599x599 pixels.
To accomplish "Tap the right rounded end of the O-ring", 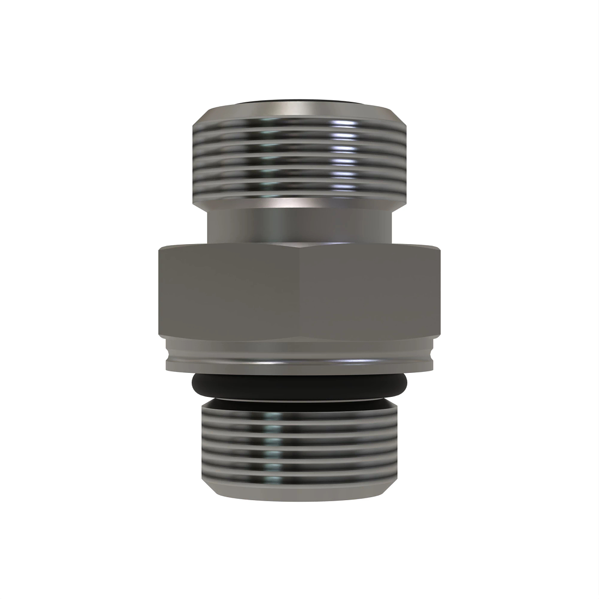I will [x=404, y=385].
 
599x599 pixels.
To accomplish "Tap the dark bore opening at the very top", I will [x=299, y=103].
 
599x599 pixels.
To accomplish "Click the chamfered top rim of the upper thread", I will [x=299, y=112].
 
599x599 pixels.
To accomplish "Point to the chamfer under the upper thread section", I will [x=299, y=205].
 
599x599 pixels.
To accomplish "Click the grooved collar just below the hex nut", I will [x=299, y=354].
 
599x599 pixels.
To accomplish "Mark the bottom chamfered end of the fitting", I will [x=299, y=492].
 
